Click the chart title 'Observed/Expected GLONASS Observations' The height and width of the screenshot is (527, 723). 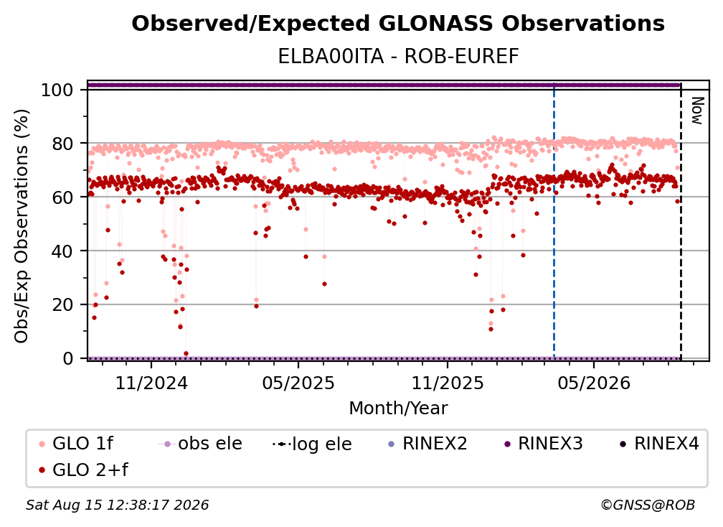[398, 24]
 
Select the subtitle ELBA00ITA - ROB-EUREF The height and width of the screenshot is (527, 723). [398, 57]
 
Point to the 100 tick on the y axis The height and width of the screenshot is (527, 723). [57, 90]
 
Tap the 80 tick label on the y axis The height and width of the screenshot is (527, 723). [62, 144]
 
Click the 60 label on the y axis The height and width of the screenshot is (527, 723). [62, 197]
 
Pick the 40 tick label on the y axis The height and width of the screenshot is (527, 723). [62, 251]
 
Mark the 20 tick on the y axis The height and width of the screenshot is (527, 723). [62, 305]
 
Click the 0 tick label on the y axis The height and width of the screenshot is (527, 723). [68, 358]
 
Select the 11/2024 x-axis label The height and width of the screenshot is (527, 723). [152, 383]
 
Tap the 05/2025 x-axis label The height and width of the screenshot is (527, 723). [298, 383]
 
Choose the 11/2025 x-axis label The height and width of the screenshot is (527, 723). [448, 383]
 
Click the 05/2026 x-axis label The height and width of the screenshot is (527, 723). [594, 383]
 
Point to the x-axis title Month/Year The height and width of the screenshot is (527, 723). [398, 409]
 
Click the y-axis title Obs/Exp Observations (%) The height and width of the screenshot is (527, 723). [22, 226]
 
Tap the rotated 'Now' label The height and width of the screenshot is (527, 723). [697, 111]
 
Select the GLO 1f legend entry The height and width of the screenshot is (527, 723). [77, 444]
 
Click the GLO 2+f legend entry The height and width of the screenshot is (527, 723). [84, 470]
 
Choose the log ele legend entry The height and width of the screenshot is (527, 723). [313, 444]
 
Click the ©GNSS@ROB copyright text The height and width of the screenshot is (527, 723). [648, 505]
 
